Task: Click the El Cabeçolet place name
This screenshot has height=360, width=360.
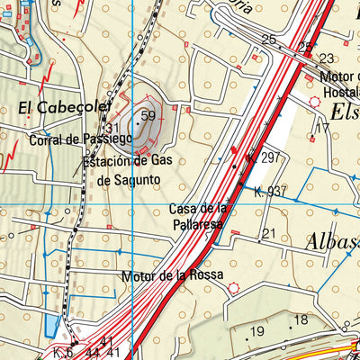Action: [x=50, y=107]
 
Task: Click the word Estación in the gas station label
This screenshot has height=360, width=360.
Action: [x=106, y=162]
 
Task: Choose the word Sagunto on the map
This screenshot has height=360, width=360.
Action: [x=135, y=178]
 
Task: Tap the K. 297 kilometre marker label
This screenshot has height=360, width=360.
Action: [x=263, y=157]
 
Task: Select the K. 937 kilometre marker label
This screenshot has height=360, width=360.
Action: [x=270, y=191]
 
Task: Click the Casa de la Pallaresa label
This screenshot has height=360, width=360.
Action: [x=200, y=217]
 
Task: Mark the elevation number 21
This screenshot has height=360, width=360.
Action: [x=267, y=234]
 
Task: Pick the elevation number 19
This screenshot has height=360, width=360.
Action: [x=257, y=332]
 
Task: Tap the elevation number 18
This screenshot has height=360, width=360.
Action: [x=301, y=320]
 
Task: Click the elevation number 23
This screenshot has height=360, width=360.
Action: [x=326, y=58]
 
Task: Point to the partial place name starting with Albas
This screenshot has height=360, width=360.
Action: [x=331, y=241]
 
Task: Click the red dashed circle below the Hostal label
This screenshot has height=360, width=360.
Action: [x=314, y=103]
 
